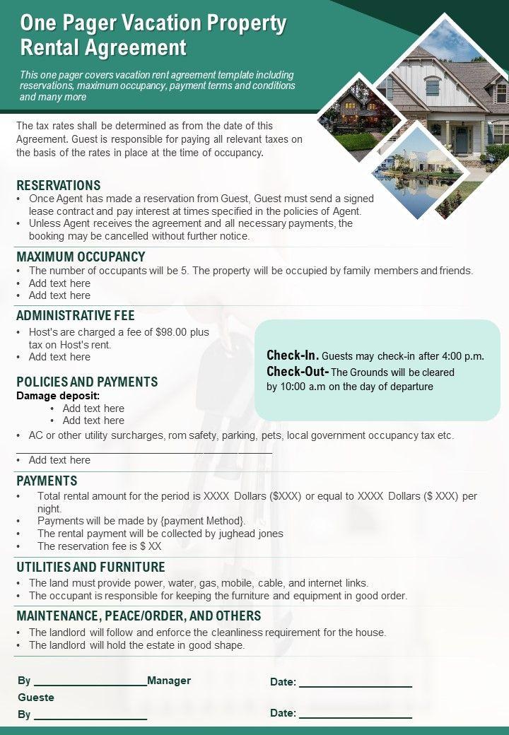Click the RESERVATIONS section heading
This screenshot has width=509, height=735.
click(59, 185)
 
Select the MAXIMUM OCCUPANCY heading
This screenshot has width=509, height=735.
click(81, 257)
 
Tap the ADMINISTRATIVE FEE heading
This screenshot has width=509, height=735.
click(75, 315)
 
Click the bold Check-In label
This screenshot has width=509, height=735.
click(293, 355)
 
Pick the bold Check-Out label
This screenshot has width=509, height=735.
click(298, 372)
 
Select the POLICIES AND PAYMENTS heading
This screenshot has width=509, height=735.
click(87, 382)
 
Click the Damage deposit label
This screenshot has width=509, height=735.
click(58, 396)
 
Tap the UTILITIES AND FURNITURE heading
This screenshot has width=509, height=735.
click(90, 567)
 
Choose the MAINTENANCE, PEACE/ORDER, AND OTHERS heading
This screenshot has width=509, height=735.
click(139, 616)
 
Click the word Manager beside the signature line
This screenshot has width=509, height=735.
click(169, 681)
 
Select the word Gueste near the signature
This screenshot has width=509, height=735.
click(36, 698)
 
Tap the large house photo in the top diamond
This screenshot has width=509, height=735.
click(433, 99)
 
